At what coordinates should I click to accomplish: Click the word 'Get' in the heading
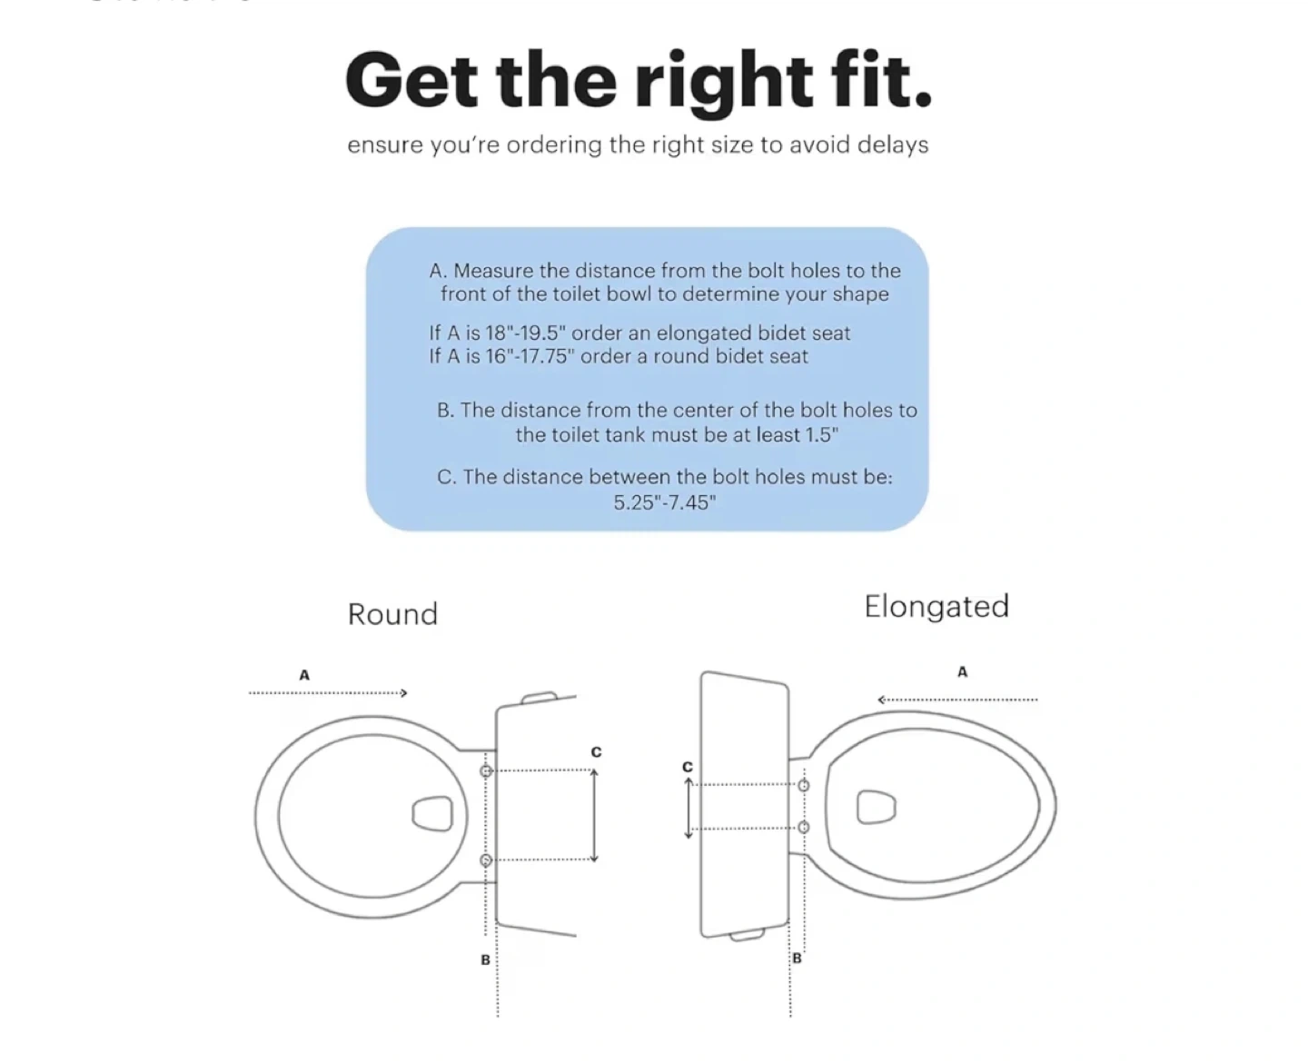[x=411, y=81]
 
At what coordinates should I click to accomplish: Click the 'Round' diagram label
[x=393, y=614]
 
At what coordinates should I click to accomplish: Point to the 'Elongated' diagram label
[x=937, y=608]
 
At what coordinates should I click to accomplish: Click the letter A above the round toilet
[x=304, y=676]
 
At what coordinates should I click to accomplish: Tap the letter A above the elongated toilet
[x=962, y=672]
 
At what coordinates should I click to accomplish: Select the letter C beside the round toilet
[x=596, y=752]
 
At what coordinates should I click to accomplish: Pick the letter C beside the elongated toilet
[x=688, y=767]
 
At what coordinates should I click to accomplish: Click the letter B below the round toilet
[x=485, y=959]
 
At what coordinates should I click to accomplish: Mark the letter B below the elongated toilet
[x=798, y=958]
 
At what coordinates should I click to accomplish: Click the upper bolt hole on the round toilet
[x=486, y=770]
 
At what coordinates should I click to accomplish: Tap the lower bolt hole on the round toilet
[x=486, y=860]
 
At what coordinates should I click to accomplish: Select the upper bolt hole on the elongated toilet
[x=804, y=785]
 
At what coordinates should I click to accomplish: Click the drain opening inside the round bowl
[x=432, y=814]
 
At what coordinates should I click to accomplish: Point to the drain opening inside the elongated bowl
[x=877, y=807]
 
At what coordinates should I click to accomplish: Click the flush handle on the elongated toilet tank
[x=748, y=935]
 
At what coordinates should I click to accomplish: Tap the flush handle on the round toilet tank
[x=540, y=698]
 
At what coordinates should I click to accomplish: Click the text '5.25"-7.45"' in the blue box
[x=665, y=503]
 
